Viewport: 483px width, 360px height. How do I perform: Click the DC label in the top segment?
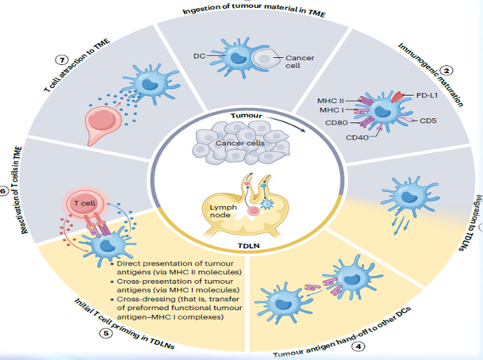tap(200, 57)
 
